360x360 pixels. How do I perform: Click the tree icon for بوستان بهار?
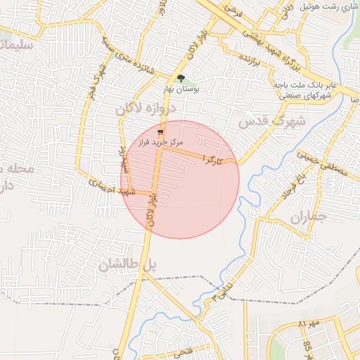click(x=181, y=79)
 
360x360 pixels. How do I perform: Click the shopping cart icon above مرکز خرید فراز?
click(x=161, y=131)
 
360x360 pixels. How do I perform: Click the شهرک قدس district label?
click(x=273, y=120)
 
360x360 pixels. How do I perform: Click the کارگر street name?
click(x=212, y=158)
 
